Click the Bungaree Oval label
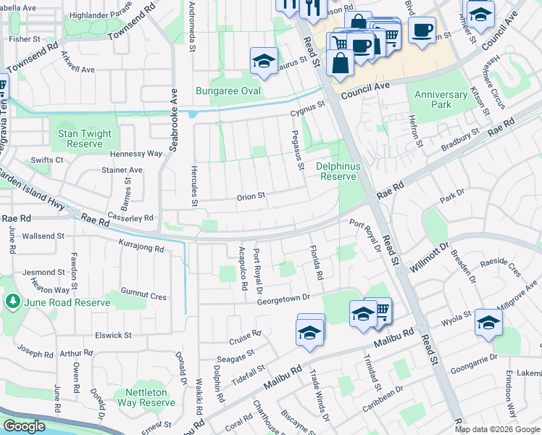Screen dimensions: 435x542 pos(228,91)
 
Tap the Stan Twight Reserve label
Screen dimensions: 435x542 pos(85,138)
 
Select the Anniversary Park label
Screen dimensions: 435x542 pos(441,99)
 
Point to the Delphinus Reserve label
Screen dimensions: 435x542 pos(337,171)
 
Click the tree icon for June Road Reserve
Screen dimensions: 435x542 pos(12,300)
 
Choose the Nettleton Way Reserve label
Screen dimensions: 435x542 pos(146,397)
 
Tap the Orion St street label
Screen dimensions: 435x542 pos(251,196)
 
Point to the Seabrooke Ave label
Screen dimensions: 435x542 pos(174,120)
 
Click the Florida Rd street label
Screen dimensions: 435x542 pos(316,264)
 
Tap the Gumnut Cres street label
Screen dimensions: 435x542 pos(143,296)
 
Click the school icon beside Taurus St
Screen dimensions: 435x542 pos(264,61)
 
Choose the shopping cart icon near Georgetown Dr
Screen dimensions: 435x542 pos(380,311)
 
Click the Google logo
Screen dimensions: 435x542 pos(24,426)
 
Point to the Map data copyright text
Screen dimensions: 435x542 pos(498,429)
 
